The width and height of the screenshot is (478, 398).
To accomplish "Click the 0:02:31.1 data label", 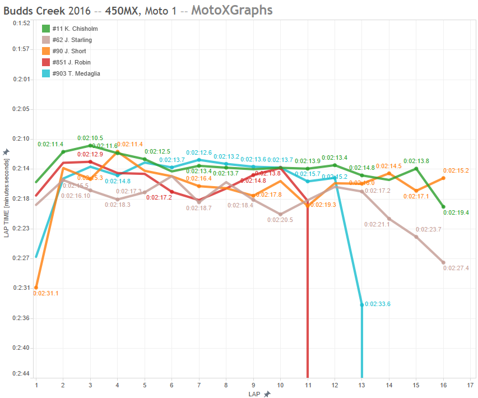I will tap(46, 293).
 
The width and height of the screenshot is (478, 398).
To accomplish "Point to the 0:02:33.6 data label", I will tap(377, 304).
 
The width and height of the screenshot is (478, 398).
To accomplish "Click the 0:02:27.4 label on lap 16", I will tap(456, 269).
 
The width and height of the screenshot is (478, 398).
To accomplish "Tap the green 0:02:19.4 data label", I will tap(456, 213).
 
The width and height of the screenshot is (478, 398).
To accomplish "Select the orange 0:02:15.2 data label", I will tap(456, 170).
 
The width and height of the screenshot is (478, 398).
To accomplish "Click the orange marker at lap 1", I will tap(36, 288).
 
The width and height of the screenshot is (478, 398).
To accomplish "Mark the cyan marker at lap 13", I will tap(362, 304).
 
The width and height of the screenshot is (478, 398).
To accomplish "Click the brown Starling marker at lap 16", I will tap(443, 262).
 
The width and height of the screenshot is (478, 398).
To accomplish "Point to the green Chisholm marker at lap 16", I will tap(443, 207).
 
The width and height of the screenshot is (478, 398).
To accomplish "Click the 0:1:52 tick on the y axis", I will tap(20, 23).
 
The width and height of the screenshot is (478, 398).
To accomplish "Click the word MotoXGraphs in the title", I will tap(232, 10).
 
